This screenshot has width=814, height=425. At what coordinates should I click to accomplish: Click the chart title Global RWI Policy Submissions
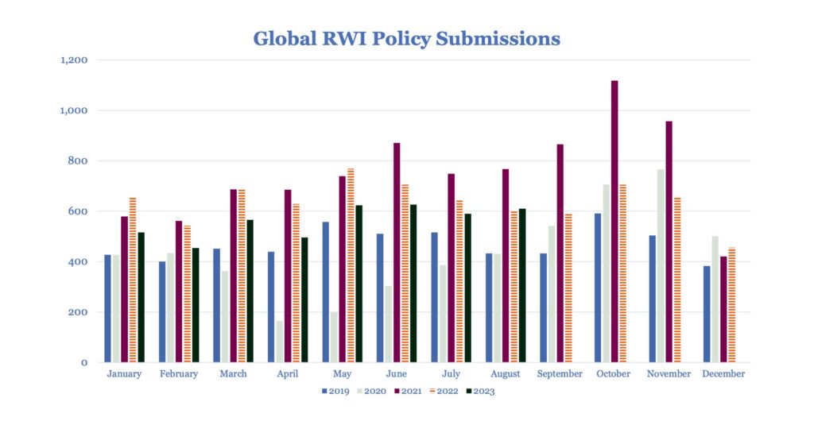406,38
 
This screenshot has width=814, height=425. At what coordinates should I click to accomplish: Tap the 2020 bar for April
279,342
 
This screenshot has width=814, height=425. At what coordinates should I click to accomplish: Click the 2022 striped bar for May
351,265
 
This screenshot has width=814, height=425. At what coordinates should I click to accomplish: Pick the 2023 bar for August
521,285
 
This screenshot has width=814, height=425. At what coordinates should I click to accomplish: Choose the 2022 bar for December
731,305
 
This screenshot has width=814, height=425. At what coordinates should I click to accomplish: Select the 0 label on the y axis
84,362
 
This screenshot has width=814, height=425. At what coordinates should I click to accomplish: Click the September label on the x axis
559,374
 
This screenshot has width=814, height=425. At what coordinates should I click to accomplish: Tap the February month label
179,374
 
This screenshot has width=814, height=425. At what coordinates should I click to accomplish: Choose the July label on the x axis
450,374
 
